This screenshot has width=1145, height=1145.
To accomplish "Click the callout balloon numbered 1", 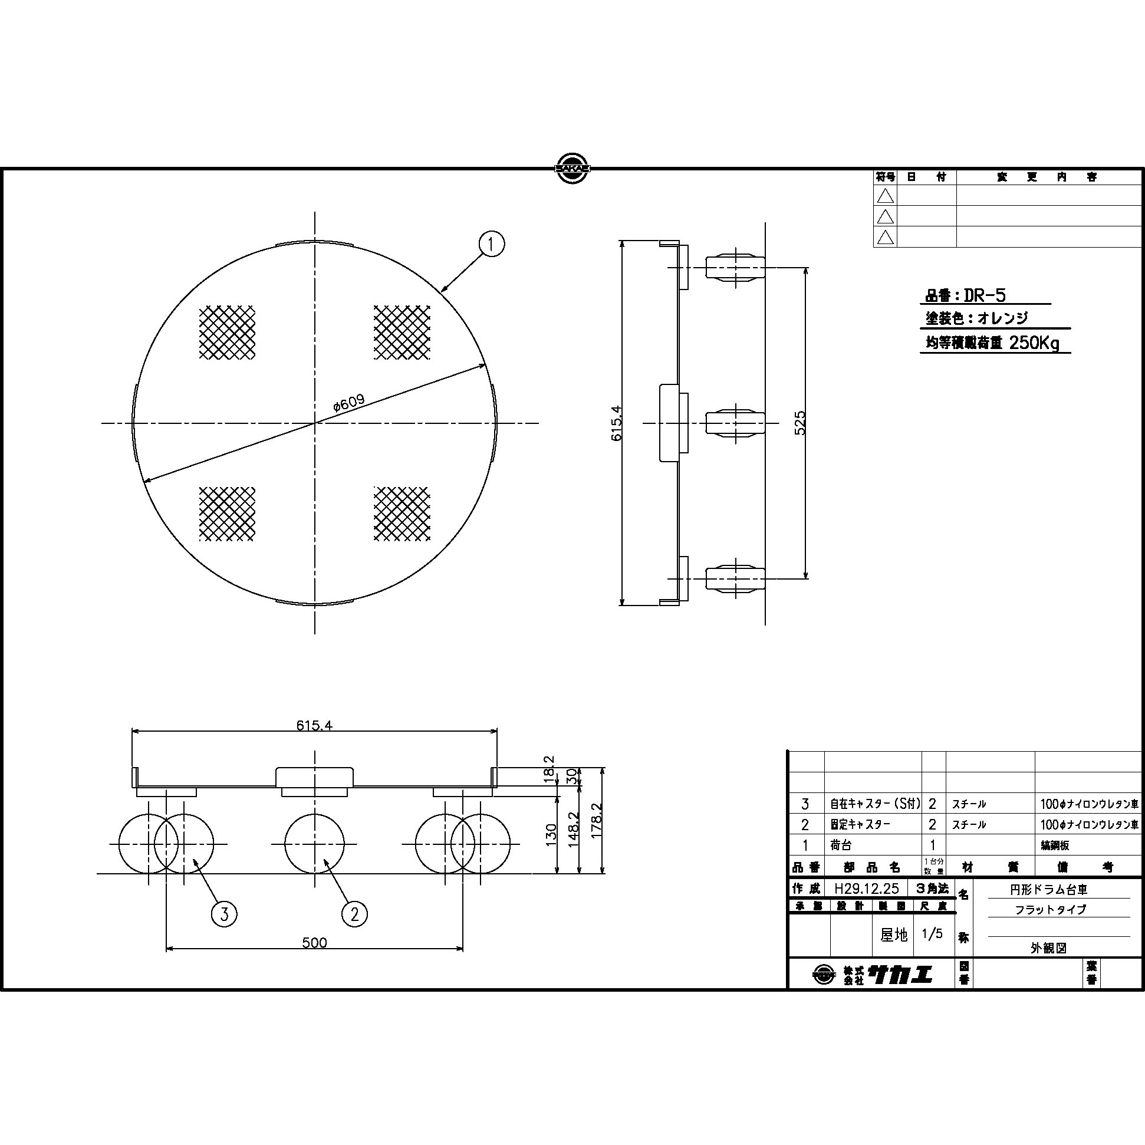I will (x=491, y=244).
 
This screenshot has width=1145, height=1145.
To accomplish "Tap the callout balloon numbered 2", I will (x=354, y=914).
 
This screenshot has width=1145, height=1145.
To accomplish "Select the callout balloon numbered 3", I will (x=224, y=914).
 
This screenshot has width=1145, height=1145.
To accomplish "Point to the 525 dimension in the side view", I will (x=800, y=423).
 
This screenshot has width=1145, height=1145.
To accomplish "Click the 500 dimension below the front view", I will (x=314, y=942).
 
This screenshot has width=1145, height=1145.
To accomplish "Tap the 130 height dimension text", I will (x=551, y=834).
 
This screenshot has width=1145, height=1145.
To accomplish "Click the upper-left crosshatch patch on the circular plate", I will (x=227, y=333).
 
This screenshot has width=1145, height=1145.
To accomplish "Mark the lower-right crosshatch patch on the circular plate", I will (x=402, y=513).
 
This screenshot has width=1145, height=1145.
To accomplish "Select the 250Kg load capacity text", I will (x=1034, y=343).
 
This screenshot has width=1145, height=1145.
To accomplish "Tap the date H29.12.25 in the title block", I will (x=866, y=889).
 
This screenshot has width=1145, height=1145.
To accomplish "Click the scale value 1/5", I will (x=932, y=935).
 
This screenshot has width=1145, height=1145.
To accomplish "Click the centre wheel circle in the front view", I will (x=314, y=843).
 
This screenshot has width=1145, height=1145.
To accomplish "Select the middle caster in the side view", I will (x=735, y=423).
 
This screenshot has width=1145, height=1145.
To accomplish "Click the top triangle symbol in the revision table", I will (x=885, y=196).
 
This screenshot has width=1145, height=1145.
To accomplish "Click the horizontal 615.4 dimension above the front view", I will (x=314, y=726).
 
